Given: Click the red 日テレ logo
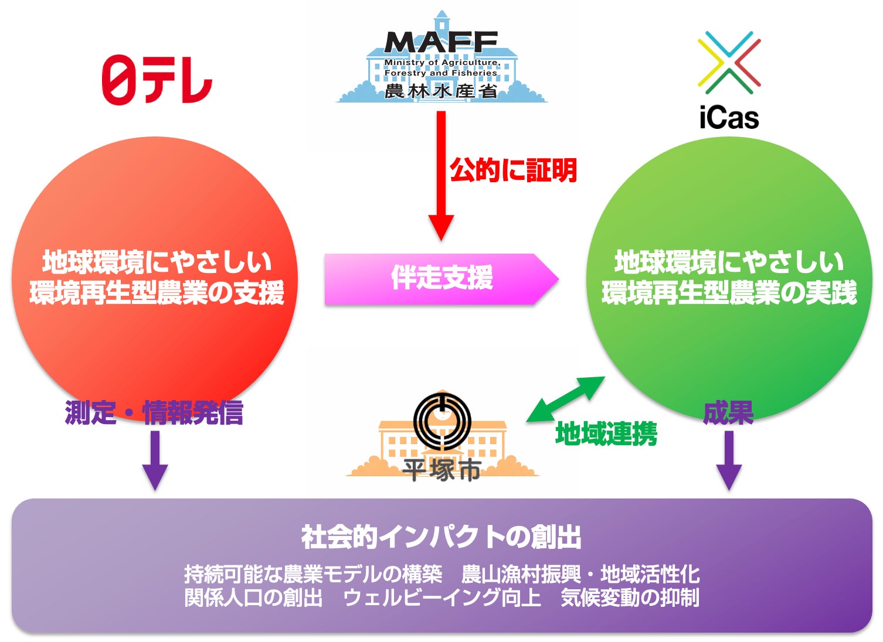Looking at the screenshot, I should point(157,80).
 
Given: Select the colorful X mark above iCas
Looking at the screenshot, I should point(729,62).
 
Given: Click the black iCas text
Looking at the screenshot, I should point(729,118).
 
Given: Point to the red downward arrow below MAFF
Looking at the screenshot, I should point(441,176).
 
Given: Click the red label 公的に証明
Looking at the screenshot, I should point(513,170).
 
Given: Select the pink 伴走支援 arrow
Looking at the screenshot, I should point(441,279).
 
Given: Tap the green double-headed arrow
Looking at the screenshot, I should point(565,399).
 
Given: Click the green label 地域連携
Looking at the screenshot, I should point(606,434).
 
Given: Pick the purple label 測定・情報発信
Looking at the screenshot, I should point(154,413).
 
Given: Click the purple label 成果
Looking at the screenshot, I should point(728,413).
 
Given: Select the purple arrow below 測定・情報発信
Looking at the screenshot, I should point(155,460).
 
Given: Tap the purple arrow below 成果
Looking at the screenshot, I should point(729,460).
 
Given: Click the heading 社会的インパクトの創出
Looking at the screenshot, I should point(441,537).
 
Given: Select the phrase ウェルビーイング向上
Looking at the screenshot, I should point(441,598).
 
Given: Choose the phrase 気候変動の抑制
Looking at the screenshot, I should point(630,598).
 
